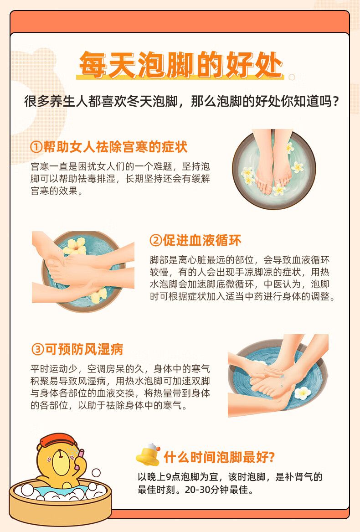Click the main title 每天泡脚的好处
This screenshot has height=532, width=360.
[x=181, y=64]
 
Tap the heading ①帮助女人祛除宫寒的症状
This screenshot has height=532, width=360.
[x=108, y=147]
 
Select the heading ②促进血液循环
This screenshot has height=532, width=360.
[x=195, y=240]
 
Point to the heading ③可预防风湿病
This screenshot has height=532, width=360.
[x=77, y=349]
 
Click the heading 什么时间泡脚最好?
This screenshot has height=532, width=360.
[x=219, y=457]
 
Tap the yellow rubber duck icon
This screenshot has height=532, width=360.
[x=148, y=455]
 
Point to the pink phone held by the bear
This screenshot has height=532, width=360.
[x=80, y=459]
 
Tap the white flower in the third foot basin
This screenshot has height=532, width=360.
[x=303, y=393]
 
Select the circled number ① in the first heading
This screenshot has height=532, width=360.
[x=36, y=147]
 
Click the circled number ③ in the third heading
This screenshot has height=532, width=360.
[x=36, y=350]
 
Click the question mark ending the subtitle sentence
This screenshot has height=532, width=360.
[x=336, y=102]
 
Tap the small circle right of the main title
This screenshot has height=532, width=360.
[x=292, y=77]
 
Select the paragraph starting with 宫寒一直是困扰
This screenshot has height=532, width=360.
[x=120, y=178]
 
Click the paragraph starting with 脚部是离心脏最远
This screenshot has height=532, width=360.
[x=242, y=278]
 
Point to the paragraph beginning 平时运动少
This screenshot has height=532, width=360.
[x=120, y=387]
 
